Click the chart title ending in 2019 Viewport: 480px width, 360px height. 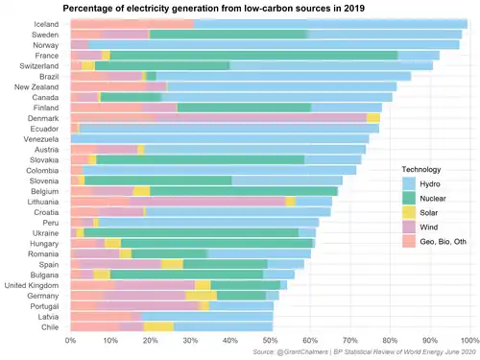(213, 8)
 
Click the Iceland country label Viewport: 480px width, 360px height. (46, 24)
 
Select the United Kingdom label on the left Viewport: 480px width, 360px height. (32, 285)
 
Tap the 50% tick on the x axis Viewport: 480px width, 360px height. (270, 340)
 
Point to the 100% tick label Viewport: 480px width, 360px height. (469, 340)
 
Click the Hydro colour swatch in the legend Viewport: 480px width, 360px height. (409, 184)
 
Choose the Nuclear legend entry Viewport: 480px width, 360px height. (433, 199)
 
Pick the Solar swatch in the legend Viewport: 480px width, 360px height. (409, 213)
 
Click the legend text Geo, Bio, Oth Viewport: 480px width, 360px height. (443, 242)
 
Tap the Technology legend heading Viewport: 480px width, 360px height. (421, 169)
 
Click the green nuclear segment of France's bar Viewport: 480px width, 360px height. (253, 56)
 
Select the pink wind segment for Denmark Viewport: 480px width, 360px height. (261, 118)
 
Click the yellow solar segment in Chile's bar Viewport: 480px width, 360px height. (158, 327)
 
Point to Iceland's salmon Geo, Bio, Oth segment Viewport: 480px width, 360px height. (132, 24)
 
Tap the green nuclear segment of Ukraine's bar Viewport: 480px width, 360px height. (191, 233)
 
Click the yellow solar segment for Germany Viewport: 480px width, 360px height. (201, 296)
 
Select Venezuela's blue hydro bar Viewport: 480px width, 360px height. (220, 139)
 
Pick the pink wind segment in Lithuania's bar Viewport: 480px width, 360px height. (207, 202)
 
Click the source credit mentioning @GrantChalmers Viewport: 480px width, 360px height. (364, 352)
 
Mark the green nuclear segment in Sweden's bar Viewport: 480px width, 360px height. (228, 35)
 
